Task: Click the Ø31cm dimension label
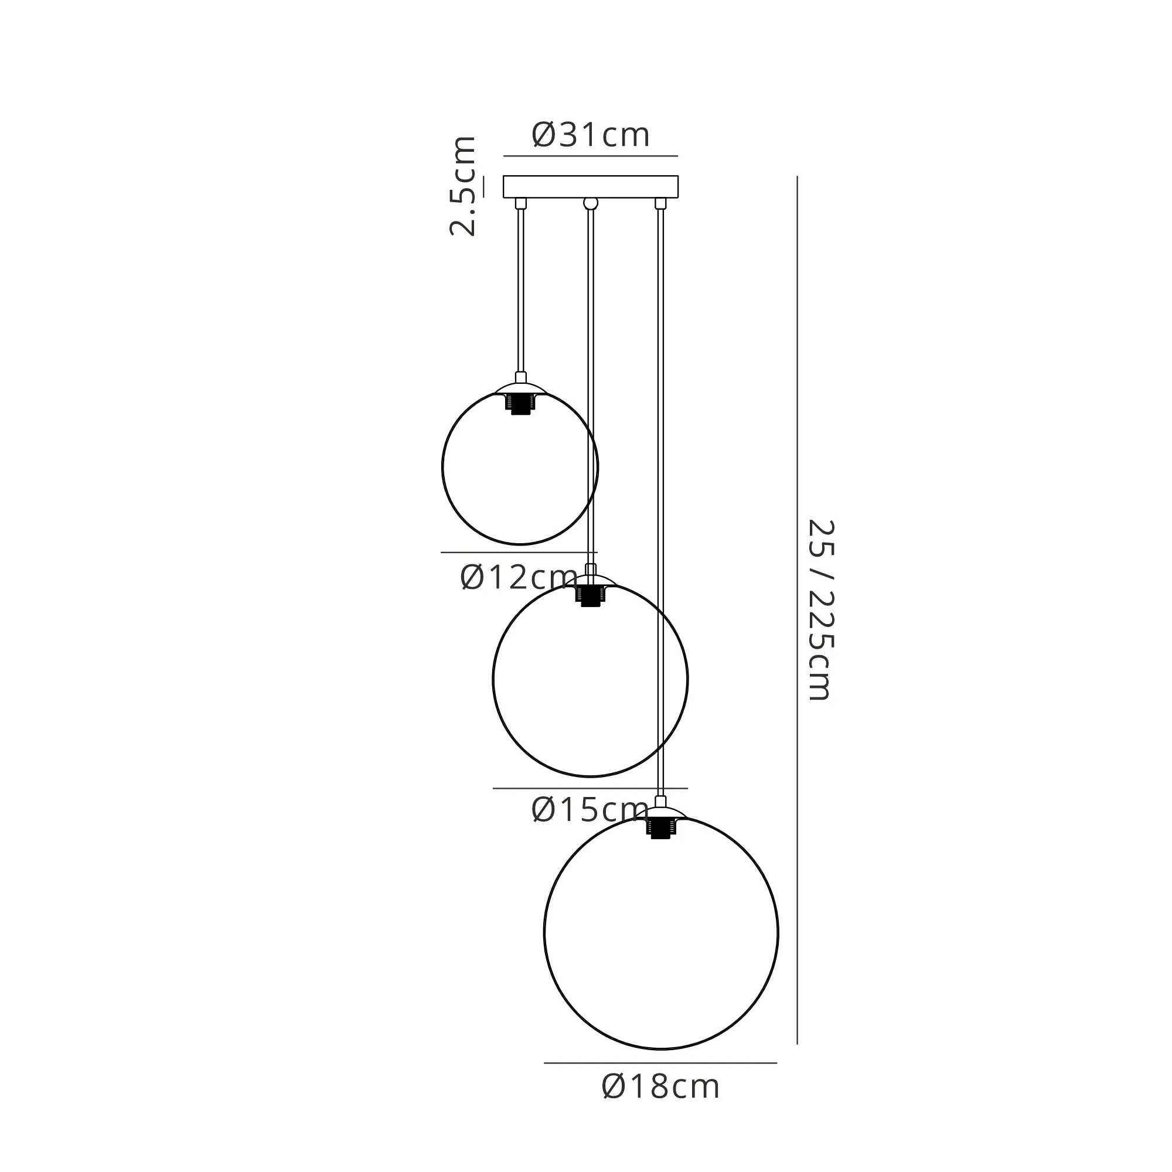click(590, 135)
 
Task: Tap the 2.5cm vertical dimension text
click(463, 186)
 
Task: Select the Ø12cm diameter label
click(519, 577)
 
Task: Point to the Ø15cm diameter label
click(590, 809)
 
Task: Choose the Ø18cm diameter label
click(660, 1103)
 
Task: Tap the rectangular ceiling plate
click(590, 187)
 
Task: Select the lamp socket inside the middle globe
click(590, 596)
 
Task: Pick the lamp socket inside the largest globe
click(660, 828)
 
